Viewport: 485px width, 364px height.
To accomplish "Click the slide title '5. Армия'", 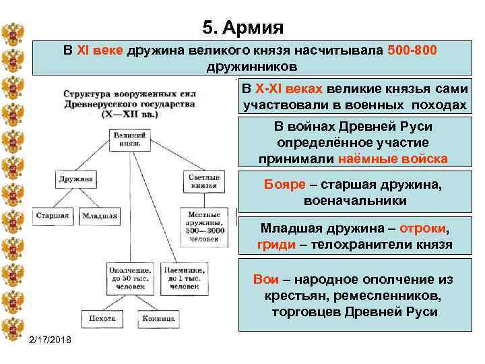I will [x=243, y=28].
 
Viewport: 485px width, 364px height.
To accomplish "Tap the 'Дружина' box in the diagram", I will [x=76, y=180].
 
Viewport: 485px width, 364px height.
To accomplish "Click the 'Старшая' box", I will [x=53, y=216].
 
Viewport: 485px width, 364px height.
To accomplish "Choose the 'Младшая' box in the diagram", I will [x=99, y=216].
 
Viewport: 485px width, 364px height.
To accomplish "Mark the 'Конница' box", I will [x=159, y=318].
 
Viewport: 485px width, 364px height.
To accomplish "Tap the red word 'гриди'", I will [x=276, y=244].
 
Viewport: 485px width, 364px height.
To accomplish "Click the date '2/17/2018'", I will [x=54, y=338].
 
